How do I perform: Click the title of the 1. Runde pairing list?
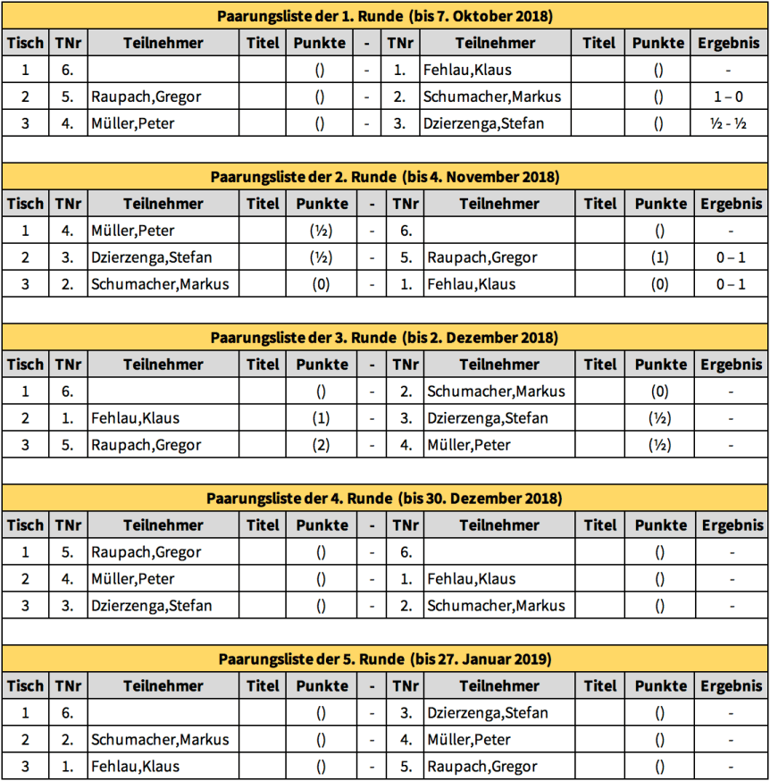(x=385, y=16)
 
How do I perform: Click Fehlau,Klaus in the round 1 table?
(x=467, y=70)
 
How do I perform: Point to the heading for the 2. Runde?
(x=385, y=177)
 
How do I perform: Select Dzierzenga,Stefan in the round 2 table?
(x=151, y=257)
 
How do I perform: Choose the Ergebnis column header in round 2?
(x=732, y=204)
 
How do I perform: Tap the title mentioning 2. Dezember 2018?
(x=385, y=338)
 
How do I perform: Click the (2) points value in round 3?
(x=322, y=445)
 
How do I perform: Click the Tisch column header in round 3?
(x=25, y=365)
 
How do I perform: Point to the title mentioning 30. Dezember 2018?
(x=385, y=499)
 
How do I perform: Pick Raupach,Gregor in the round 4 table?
(x=146, y=552)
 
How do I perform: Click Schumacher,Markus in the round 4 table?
(x=496, y=606)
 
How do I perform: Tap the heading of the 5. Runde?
(x=385, y=659)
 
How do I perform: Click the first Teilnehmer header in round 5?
(x=163, y=686)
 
